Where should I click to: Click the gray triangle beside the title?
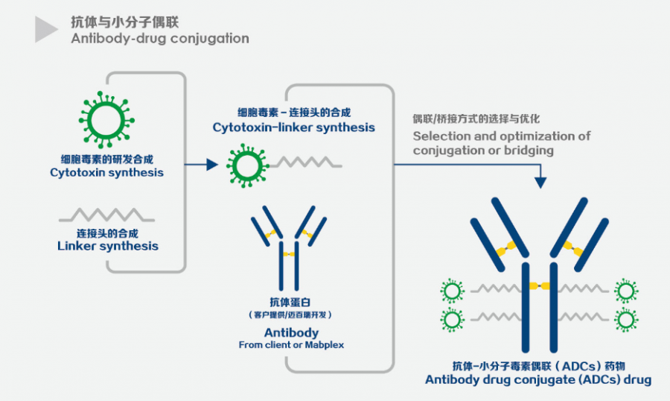coord(45,30)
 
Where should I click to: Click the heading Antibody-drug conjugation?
coord(160,38)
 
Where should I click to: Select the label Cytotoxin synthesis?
coord(106,172)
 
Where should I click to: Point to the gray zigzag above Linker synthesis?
coord(106,215)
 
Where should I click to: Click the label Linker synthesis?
coord(107,246)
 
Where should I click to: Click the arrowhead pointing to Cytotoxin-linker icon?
coord(211,165)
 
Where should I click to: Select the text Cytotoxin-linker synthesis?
coord(294,127)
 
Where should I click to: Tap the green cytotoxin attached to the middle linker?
coord(246,164)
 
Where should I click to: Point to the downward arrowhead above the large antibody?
coord(540,180)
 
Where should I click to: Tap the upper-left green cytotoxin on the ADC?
coord(452,290)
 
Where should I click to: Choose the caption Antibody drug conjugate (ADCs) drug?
coord(537,379)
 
